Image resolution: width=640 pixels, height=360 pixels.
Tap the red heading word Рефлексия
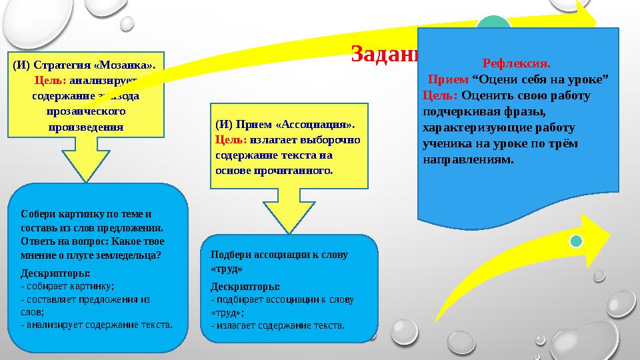pyautogui.click(x=517, y=65)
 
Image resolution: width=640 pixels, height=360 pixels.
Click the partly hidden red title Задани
pyautogui.click(x=383, y=53)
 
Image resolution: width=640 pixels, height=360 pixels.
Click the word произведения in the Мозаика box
pyautogui.click(x=85, y=126)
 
